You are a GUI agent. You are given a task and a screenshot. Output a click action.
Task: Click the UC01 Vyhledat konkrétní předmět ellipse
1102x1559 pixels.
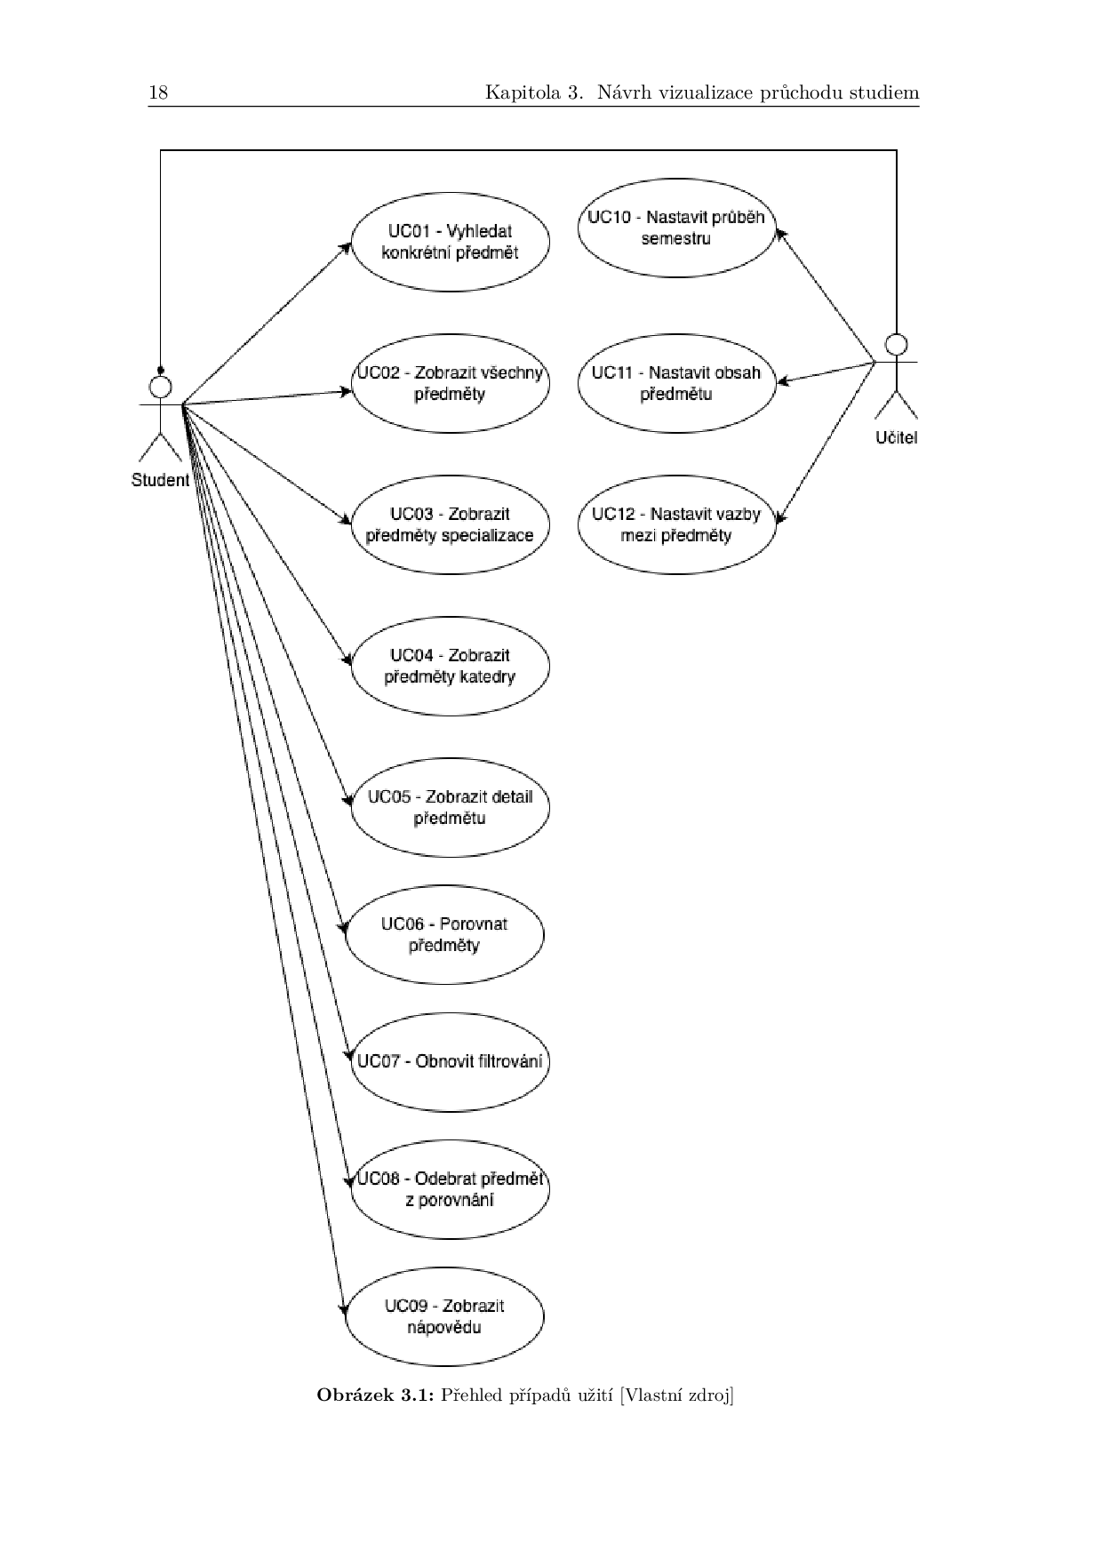(x=450, y=242)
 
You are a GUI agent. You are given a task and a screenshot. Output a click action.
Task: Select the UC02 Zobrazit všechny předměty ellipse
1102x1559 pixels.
(x=450, y=383)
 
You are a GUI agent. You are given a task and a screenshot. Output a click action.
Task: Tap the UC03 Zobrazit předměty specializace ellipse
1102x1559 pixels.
(x=450, y=524)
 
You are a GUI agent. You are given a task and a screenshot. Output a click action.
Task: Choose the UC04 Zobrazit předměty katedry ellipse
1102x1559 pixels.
(x=450, y=666)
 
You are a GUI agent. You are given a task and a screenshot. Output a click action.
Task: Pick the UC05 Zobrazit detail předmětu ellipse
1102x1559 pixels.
(x=450, y=807)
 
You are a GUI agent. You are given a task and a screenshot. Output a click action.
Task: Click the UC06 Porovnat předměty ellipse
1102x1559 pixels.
(x=444, y=934)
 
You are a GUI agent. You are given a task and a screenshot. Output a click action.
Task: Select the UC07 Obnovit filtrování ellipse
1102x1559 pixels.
(x=450, y=1061)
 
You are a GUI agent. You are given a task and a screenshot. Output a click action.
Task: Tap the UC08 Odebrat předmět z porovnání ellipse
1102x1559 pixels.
(x=450, y=1189)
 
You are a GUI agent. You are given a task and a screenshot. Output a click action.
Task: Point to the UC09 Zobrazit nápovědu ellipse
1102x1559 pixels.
(x=444, y=1316)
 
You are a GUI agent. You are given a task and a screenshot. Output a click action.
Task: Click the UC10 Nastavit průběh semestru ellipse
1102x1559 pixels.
(x=676, y=228)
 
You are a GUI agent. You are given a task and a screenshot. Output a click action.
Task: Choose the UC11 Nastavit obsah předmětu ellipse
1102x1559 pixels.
(x=676, y=383)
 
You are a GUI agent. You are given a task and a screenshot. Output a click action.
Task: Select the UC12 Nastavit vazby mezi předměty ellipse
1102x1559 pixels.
(x=676, y=524)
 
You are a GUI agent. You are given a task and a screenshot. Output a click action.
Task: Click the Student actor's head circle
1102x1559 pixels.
(x=160, y=387)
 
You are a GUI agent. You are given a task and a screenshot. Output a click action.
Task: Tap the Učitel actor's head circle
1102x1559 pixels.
(x=897, y=344)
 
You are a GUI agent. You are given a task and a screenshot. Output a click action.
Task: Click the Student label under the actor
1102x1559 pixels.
(x=160, y=480)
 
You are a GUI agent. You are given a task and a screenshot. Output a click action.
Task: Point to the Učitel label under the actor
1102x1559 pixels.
(x=896, y=437)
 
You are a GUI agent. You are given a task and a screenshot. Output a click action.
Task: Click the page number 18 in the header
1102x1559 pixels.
(x=158, y=92)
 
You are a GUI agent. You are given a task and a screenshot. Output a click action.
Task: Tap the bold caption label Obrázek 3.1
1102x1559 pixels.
(x=375, y=1395)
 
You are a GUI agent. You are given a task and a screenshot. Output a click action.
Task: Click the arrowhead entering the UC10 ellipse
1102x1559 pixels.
(x=780, y=232)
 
